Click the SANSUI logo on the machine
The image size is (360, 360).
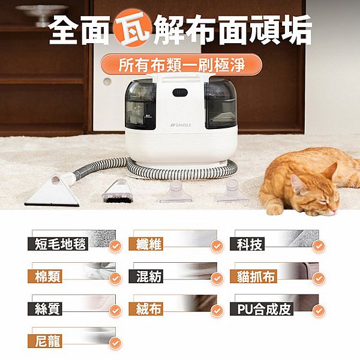click(181, 125)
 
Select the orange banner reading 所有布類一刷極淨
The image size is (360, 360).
click(181, 65)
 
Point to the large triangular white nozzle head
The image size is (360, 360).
click(53, 192)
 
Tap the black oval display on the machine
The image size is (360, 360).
click(180, 93)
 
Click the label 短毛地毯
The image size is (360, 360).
click(58, 244)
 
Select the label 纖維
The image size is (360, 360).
click(146, 244)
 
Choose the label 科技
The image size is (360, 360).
click(247, 244)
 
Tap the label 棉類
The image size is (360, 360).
click(45, 276)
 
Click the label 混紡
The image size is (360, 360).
click(146, 276)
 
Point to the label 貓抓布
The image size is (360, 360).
click(253, 276)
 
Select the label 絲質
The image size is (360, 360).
click(45, 309)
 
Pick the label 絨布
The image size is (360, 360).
click(146, 309)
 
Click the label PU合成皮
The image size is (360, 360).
click(262, 309)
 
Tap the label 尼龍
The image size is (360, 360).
click(45, 341)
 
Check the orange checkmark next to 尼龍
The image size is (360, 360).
click(115, 343)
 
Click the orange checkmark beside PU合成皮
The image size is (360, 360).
click(319, 311)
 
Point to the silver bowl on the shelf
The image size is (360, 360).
click(42, 14)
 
